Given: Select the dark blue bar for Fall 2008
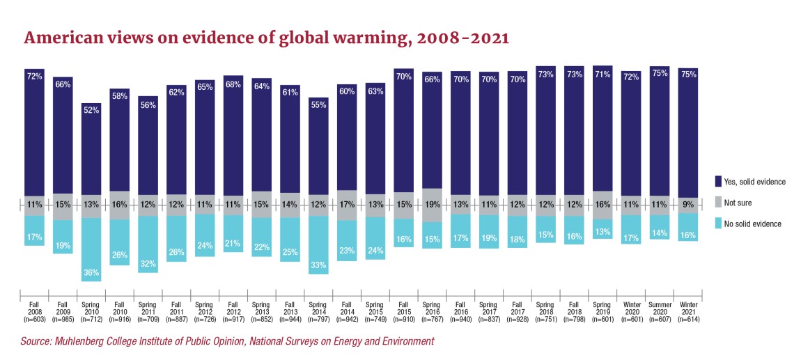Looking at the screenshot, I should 34,132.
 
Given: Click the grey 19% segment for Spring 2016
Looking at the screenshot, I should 432,205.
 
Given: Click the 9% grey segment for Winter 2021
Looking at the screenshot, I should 688,205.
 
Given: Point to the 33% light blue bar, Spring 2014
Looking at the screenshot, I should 318,244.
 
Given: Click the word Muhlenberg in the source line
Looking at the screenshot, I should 93,341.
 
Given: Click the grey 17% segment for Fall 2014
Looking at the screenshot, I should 347,205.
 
